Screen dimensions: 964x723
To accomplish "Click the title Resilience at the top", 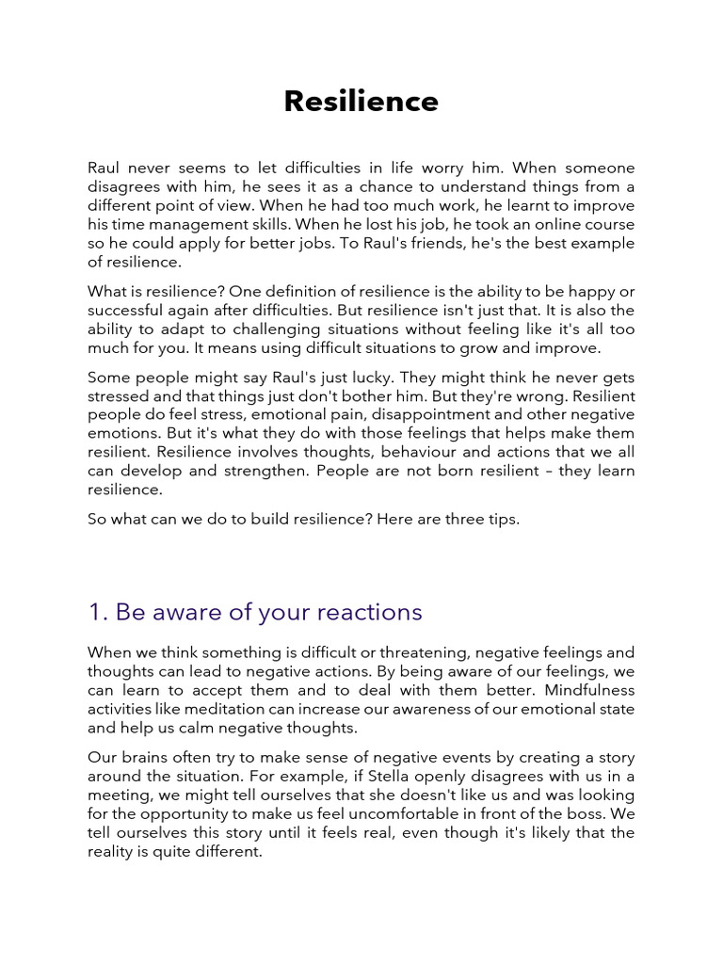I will [x=361, y=102].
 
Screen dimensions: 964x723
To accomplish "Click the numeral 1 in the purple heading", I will [x=94, y=613].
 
